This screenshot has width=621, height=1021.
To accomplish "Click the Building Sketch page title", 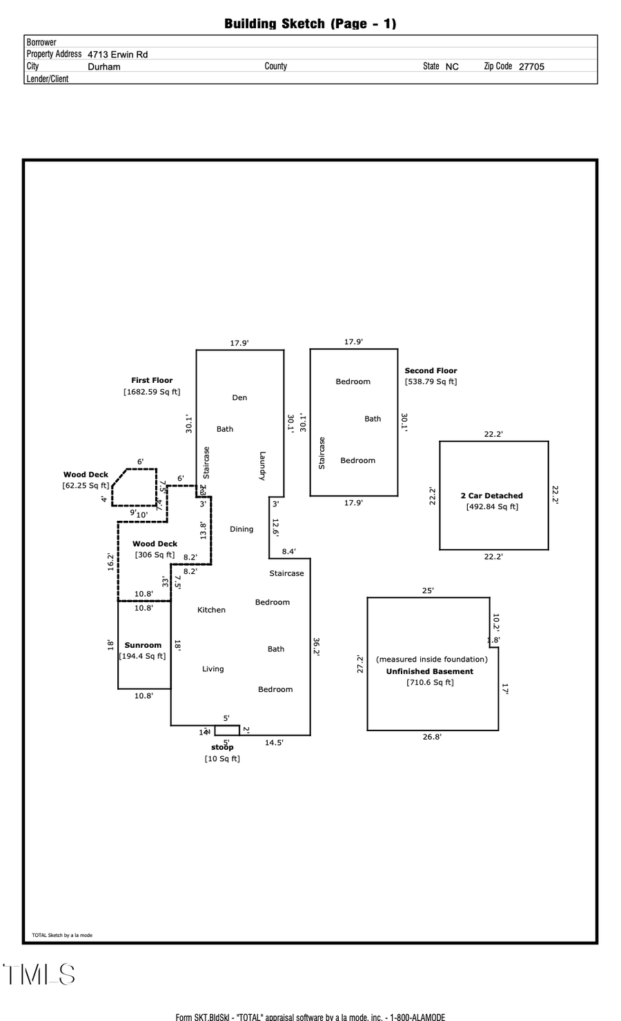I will [x=310, y=23].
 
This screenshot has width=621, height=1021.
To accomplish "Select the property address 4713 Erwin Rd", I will [x=117, y=54].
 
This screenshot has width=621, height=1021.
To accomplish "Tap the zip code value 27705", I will [x=531, y=67].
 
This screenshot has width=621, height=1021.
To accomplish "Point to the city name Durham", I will [x=104, y=67].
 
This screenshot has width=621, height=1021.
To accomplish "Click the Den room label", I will [x=239, y=397].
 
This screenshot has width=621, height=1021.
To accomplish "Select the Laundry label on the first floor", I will [x=262, y=466].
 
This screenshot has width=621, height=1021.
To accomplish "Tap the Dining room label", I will [x=241, y=529].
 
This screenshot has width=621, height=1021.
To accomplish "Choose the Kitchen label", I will [x=211, y=610].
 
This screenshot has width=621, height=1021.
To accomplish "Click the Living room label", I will [x=213, y=668].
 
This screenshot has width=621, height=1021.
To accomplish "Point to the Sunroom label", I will [x=143, y=645].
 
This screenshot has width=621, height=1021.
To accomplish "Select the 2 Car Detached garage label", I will [x=491, y=495].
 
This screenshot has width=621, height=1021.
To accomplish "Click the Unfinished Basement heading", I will [x=429, y=671].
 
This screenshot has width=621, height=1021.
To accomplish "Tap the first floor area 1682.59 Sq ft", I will [x=152, y=392].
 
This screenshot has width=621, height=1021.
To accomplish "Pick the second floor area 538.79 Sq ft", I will [x=431, y=381].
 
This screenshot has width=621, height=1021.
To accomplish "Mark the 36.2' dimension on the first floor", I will [x=316, y=646].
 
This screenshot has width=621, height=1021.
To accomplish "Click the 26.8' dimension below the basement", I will [x=432, y=737].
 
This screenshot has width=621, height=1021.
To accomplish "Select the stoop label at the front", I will [x=222, y=747].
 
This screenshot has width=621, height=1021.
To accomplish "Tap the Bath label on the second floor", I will [x=373, y=419].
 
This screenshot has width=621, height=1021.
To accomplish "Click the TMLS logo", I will [x=39, y=975].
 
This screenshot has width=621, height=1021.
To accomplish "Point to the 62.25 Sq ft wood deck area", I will [x=86, y=486].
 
